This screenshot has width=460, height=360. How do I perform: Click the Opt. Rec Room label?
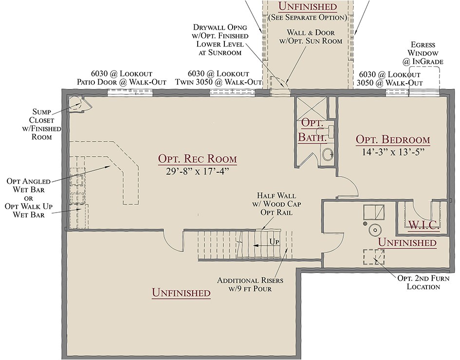pos(197,159)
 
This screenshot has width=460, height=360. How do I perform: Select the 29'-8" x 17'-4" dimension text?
pos(197,171)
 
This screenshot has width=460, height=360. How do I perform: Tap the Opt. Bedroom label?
pos(392,140)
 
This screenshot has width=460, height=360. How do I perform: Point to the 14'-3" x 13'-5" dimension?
pos(392,151)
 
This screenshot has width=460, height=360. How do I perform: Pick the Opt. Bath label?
pos(312,130)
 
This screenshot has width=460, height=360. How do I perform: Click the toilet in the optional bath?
pos(328,155)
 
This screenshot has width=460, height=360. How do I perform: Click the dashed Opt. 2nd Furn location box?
pos(373,256)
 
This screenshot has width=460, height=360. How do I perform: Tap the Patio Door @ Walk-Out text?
pos(122,82)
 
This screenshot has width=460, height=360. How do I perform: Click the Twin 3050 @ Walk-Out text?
pos(219,82)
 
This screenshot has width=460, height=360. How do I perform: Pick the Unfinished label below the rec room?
pos(181,293)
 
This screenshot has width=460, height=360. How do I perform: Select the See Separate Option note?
pos(307,18)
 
